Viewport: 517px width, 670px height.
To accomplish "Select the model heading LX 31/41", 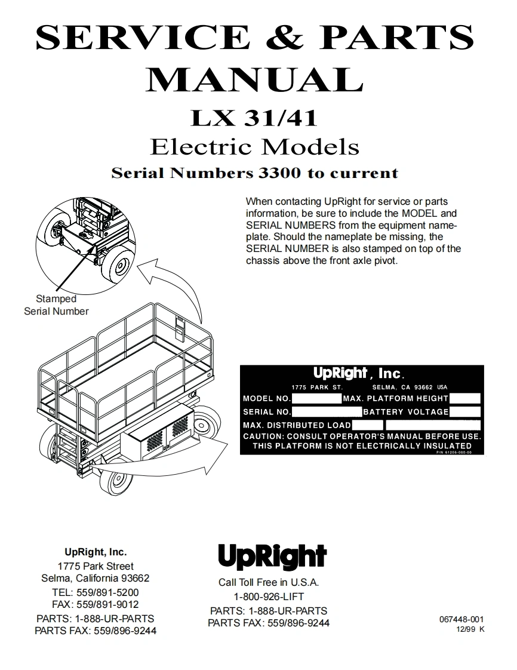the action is pos(253,117).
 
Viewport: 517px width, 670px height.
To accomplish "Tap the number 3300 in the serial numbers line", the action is pos(279,173).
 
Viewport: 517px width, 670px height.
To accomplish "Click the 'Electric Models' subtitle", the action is pos(254,146).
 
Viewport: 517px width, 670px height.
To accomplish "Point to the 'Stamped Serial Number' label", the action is pos(56,305).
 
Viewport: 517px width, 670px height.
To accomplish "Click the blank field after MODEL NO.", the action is pos(316,398).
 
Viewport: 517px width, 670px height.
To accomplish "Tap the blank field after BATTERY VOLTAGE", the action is pos(465,412).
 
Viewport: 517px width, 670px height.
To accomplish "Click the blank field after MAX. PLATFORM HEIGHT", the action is pos(465,398).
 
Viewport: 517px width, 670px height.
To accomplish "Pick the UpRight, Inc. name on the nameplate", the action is pos(358,374).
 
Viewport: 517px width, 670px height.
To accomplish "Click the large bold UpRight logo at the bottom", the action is pos(272,557).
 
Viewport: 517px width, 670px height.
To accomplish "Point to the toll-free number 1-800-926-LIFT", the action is pos(269,597).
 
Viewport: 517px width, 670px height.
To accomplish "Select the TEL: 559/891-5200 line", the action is pos(96,592).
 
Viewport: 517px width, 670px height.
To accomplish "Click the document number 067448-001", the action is pos(461,620).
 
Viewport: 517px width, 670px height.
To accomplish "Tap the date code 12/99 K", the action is pos(470,629).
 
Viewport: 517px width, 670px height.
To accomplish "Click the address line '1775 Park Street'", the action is pos(96,566).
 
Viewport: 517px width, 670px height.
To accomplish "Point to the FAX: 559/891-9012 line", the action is pos(96,604).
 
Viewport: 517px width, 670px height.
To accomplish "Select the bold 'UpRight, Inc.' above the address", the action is pos(96,552).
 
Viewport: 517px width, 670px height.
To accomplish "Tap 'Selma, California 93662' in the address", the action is pos(96,578).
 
